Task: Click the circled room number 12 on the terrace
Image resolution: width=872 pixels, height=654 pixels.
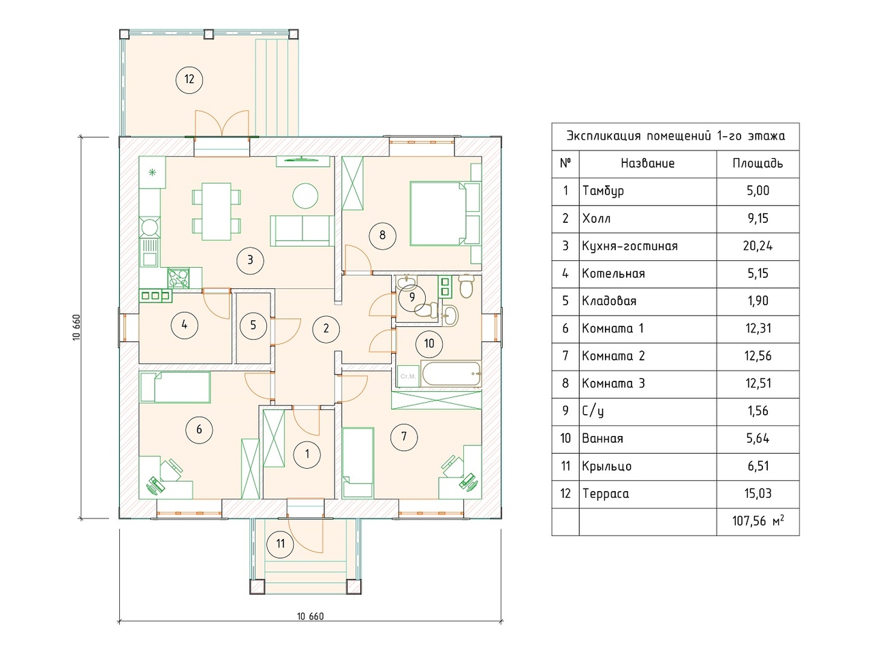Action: point(189,80)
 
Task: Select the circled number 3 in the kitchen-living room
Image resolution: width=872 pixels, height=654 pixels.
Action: point(250,260)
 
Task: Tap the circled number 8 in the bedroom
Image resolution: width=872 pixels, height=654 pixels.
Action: point(382,236)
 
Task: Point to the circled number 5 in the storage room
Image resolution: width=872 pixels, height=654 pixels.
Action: point(253,326)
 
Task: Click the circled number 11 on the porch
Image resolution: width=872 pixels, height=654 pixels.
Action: point(281,544)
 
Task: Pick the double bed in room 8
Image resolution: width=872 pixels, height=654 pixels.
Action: point(445,214)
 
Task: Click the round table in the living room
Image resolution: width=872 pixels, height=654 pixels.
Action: point(305,196)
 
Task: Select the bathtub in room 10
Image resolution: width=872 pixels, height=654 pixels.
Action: point(451,373)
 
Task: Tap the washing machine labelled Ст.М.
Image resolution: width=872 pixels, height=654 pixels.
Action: point(408,375)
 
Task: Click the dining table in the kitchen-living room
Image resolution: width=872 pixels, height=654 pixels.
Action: point(217,211)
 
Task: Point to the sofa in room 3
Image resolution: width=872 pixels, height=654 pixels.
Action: point(302,231)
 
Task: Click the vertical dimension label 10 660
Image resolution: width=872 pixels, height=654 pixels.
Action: point(76,327)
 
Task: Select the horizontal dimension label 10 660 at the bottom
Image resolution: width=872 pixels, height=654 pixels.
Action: point(310,616)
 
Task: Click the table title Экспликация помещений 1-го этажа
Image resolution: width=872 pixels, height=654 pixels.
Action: point(675,136)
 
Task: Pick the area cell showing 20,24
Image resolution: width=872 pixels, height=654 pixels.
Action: point(758,246)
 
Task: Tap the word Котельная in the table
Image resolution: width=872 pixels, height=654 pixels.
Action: point(613,274)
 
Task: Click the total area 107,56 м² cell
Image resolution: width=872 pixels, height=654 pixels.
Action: point(758,521)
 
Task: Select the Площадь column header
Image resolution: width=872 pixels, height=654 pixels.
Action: point(758,163)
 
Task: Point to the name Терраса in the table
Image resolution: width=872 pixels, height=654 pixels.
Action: point(606,494)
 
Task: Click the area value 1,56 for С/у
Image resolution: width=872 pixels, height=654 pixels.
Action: point(758,411)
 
